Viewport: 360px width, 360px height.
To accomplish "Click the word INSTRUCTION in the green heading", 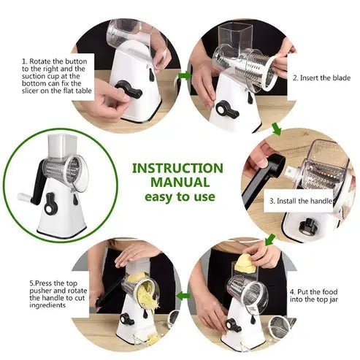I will [177, 168].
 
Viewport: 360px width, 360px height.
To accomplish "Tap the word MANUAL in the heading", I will [177, 182].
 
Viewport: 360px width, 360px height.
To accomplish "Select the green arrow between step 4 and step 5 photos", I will [185, 296].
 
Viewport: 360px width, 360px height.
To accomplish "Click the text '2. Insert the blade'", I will [320, 77].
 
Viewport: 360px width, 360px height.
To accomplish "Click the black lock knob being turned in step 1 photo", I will [128, 91].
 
